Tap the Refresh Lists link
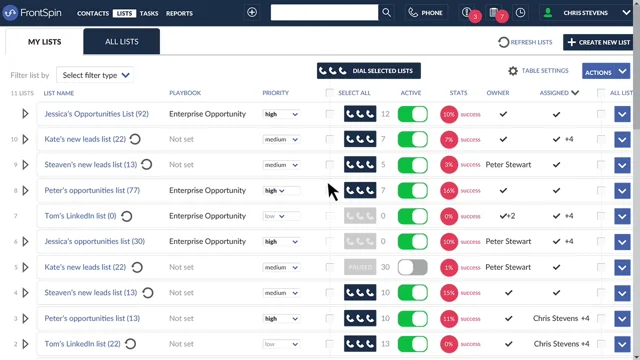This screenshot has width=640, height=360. click(x=526, y=42)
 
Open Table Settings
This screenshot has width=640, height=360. click(x=539, y=71)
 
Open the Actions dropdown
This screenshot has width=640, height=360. click(x=606, y=72)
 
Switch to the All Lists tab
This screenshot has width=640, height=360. click(x=122, y=42)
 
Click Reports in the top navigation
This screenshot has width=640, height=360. click(x=180, y=13)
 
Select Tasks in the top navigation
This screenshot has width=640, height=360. click(x=149, y=13)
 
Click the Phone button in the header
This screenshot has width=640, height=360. click(x=426, y=13)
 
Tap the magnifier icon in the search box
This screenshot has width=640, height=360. click(x=386, y=13)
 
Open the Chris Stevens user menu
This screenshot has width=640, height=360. click(x=585, y=13)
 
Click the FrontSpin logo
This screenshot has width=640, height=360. click(x=34, y=13)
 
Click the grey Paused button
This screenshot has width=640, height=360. click(x=360, y=267)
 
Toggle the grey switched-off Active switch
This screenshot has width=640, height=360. click(x=412, y=267)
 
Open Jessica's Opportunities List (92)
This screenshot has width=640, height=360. click(x=96, y=114)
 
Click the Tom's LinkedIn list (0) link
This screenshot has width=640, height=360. click(x=80, y=216)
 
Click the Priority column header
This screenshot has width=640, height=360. click(x=276, y=93)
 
